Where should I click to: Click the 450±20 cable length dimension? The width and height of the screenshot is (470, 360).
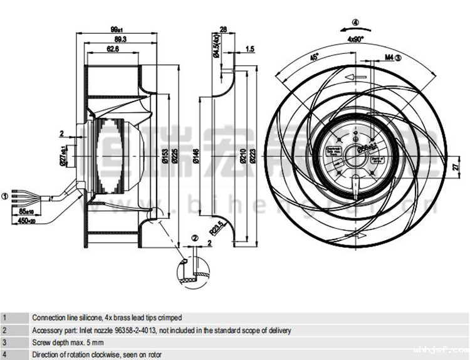click(27, 220)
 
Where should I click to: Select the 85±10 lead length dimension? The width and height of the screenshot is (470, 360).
click(27, 211)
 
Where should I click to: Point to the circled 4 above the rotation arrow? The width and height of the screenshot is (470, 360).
click(356, 23)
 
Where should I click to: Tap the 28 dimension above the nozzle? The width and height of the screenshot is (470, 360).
click(223, 29)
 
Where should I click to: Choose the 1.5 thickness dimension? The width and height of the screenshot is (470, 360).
click(249, 48)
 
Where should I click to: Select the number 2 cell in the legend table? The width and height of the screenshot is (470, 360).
click(5, 330)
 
